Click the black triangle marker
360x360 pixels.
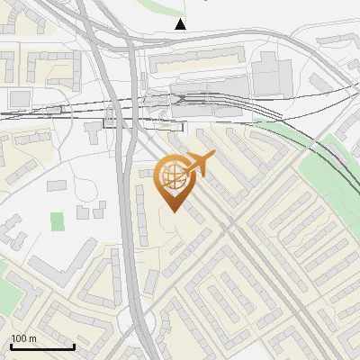pos(181,24)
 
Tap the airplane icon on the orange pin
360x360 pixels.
pos(198,164)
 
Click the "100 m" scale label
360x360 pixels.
pos(24,338)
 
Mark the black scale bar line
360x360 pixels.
pos(42,346)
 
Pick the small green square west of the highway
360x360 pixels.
pos(58,220)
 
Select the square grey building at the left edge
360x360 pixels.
pos(20,97)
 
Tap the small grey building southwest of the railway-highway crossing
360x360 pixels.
pos(95,132)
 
